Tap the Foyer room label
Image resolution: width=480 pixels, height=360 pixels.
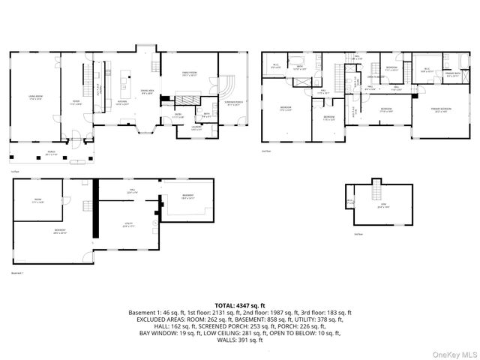pos(76,103)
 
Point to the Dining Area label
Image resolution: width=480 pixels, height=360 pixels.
pos(147,91)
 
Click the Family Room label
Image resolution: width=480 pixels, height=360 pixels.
pos(189,74)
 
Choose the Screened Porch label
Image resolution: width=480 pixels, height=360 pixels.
pos(233,103)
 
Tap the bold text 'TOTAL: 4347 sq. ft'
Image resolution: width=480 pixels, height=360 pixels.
pos(239,305)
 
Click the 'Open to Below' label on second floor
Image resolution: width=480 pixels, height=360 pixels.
pos(370,76)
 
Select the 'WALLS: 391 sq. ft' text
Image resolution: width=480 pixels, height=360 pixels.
pos(239,340)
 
